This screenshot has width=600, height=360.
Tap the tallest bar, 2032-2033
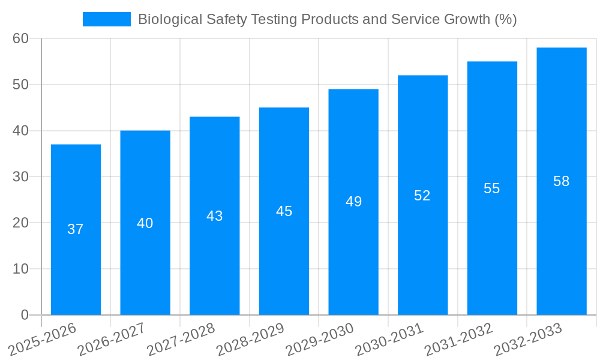click(561, 240)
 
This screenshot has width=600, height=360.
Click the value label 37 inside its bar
click(76, 229)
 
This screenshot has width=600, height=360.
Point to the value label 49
click(353, 202)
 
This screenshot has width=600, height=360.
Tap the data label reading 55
click(491, 188)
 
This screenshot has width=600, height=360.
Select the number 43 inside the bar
click(214, 216)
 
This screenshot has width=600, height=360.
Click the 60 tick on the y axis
click(21, 38)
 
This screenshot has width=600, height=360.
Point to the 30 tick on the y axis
click(21, 176)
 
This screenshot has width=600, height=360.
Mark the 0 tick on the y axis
click(25, 314)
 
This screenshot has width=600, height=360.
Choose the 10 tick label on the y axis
click(21, 269)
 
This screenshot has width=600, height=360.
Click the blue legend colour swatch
click(106, 19)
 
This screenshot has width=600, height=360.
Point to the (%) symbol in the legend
click(506, 19)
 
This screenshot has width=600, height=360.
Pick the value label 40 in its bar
click(145, 223)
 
